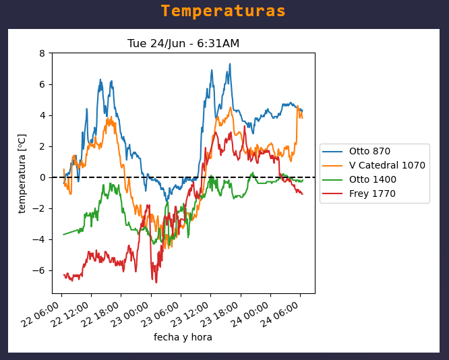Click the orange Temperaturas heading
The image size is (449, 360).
point(223,11)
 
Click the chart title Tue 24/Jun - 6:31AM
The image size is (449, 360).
point(183,44)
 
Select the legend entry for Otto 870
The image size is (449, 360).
point(369,151)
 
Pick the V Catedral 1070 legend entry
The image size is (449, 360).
point(387,165)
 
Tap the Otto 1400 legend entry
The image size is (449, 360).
point(372,179)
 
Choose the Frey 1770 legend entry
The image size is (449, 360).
point(372,193)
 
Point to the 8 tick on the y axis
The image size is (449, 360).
point(42,53)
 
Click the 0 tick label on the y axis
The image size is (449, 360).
point(42,177)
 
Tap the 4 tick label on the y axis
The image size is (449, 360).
point(42,115)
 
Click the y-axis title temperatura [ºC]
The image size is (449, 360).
point(22,173)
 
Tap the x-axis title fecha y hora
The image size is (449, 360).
point(183,337)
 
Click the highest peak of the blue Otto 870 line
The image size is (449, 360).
point(230,65)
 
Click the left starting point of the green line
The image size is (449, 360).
point(63,235)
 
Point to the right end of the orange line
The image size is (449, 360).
point(302,118)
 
